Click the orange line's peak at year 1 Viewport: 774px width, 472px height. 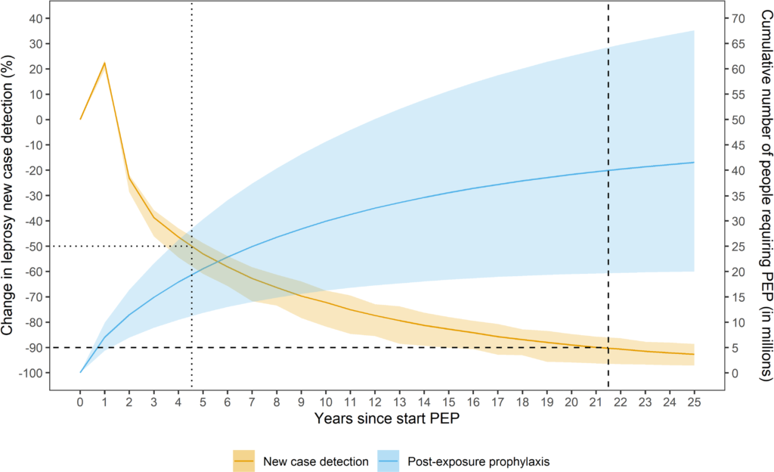[104, 63]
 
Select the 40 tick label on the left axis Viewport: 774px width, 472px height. [34, 18]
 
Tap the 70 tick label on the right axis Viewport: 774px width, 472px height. [739, 18]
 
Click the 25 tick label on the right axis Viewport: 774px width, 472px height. [739, 246]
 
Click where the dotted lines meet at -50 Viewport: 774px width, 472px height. [191, 246]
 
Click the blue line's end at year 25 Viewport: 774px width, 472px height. [694, 163]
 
